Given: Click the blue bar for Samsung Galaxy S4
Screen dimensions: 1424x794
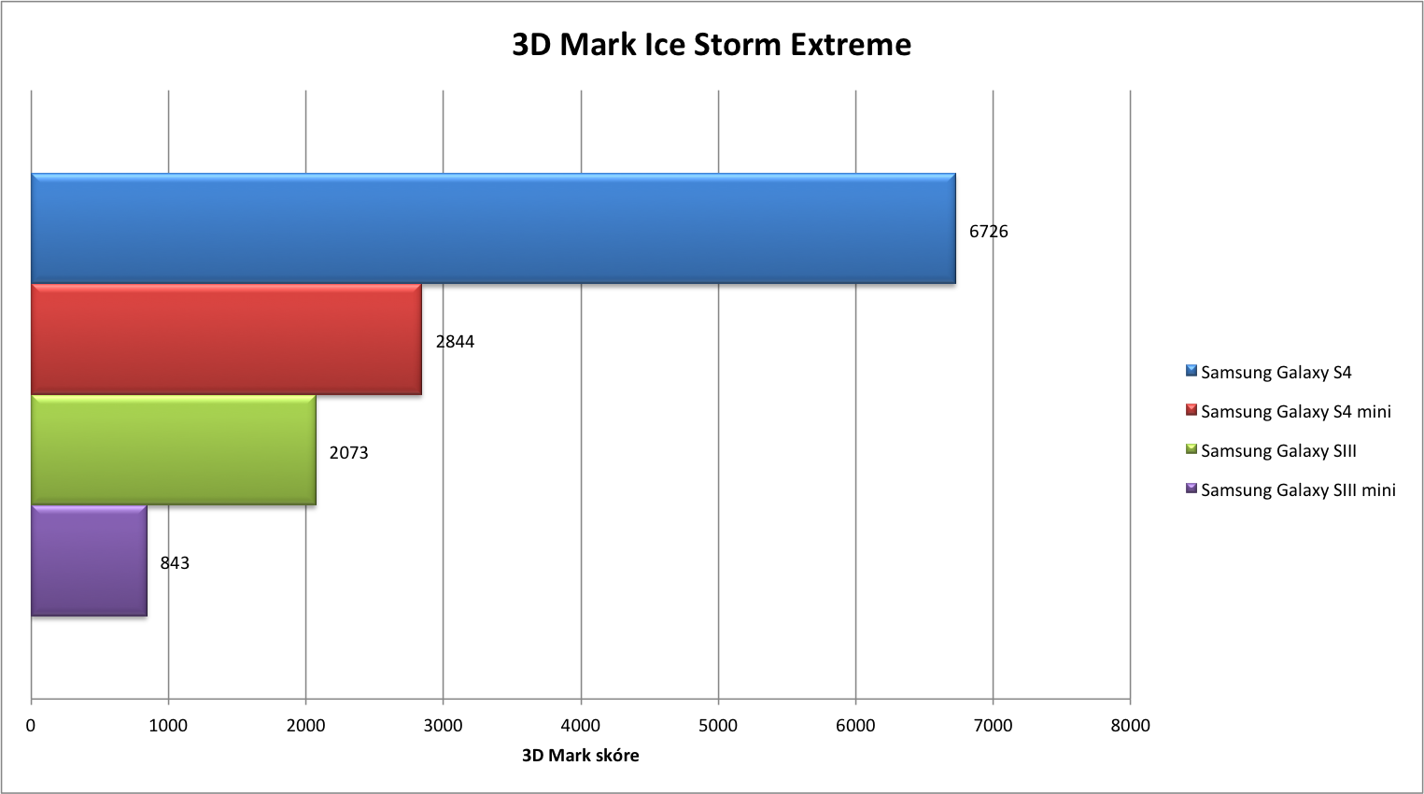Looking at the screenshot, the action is (x=493, y=228).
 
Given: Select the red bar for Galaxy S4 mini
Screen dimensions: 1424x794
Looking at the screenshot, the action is (x=226, y=339).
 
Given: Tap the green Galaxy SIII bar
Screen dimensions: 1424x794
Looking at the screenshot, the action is (x=174, y=450).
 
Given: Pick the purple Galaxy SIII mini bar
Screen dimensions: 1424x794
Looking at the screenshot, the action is (x=89, y=560).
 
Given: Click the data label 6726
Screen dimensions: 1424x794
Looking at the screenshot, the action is (x=989, y=232).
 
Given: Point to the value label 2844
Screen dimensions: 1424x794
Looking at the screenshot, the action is (x=455, y=342).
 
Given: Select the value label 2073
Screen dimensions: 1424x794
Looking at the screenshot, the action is (x=349, y=453).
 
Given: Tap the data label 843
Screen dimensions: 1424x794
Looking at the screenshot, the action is (x=175, y=563).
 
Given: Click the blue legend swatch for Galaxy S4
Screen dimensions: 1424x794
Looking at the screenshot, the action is (x=1191, y=371).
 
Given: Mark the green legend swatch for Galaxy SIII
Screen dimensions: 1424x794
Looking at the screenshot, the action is (x=1191, y=448).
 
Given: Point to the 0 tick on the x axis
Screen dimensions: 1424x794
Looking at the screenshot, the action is (x=31, y=726).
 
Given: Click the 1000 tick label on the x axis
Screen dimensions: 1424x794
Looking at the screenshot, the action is (x=168, y=726).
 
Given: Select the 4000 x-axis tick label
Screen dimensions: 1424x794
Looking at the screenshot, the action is (x=581, y=726).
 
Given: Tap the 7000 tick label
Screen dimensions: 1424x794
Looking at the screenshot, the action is (x=993, y=726).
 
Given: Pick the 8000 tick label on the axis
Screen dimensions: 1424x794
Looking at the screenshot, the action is (x=1130, y=726).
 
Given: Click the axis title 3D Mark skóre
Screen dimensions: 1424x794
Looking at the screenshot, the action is (x=581, y=755).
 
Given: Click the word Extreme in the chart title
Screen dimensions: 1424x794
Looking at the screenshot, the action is (x=851, y=45).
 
